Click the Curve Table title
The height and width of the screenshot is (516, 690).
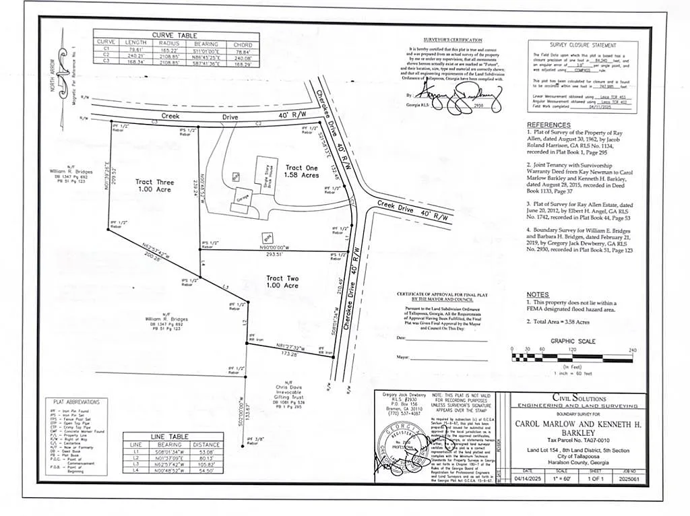tap(174, 34)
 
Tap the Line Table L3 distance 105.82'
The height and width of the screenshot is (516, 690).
tap(206, 464)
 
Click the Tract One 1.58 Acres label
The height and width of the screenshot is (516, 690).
tap(301, 172)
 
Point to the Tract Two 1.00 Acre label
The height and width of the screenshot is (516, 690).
tap(282, 282)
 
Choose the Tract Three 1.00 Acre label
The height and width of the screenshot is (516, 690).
tap(154, 186)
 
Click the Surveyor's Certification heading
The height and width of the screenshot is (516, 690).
tap(452, 40)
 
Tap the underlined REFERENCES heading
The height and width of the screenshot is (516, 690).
tap(548, 125)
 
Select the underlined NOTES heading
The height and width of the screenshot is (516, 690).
tap(538, 294)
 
